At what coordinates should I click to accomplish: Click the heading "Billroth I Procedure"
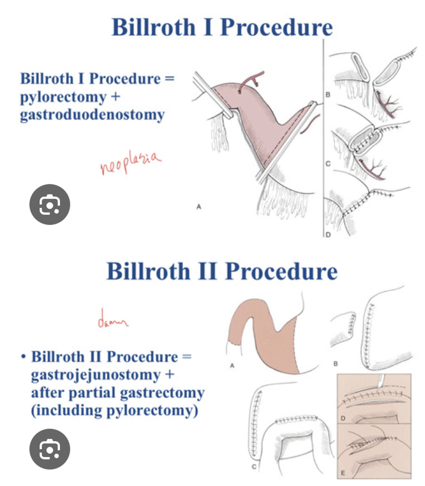coord(222,27)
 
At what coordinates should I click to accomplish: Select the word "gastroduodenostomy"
coord(92,115)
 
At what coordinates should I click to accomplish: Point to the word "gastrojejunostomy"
coord(96,375)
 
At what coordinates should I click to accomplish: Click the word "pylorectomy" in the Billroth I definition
coord(63,97)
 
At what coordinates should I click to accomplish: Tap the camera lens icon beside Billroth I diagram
coord(50,204)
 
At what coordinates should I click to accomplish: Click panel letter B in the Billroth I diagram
coord(327,94)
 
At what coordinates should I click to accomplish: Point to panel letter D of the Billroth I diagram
coord(328,234)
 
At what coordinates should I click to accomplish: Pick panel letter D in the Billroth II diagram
coord(343,417)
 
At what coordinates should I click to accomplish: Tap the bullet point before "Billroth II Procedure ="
coord(23,357)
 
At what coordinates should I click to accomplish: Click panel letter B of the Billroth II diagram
coord(336,364)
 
